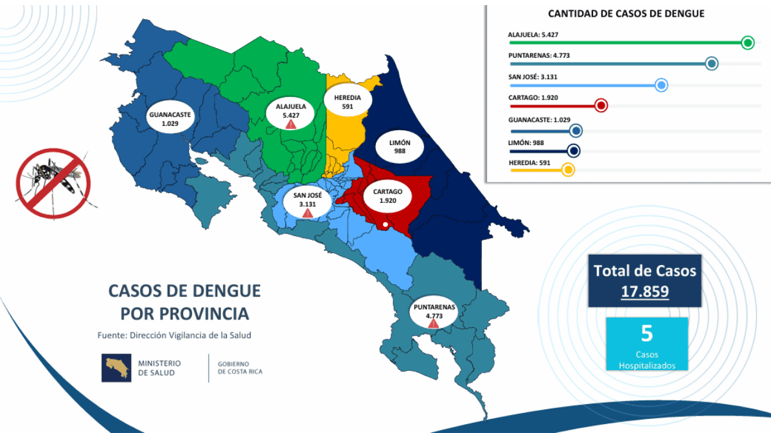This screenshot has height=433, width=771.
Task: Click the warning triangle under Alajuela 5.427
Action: (x=291, y=124)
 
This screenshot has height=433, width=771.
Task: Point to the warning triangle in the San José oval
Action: (x=308, y=213)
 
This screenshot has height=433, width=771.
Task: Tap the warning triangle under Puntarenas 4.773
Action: (x=434, y=324)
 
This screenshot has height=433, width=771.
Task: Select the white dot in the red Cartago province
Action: (x=384, y=225)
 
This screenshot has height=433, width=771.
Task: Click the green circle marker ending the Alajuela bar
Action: (x=747, y=43)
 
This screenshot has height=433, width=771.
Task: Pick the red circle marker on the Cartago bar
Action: (x=601, y=106)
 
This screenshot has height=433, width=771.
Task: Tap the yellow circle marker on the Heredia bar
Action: (x=568, y=170)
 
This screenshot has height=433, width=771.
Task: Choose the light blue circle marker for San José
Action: (x=661, y=85)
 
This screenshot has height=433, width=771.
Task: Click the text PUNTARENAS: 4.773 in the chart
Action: (x=539, y=55)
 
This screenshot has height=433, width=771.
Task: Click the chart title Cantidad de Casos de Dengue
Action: (x=626, y=13)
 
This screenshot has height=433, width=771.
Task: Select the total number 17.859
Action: (x=644, y=291)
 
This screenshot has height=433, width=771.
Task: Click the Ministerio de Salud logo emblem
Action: (x=116, y=368)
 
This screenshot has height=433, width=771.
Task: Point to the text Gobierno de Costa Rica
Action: (x=240, y=368)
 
